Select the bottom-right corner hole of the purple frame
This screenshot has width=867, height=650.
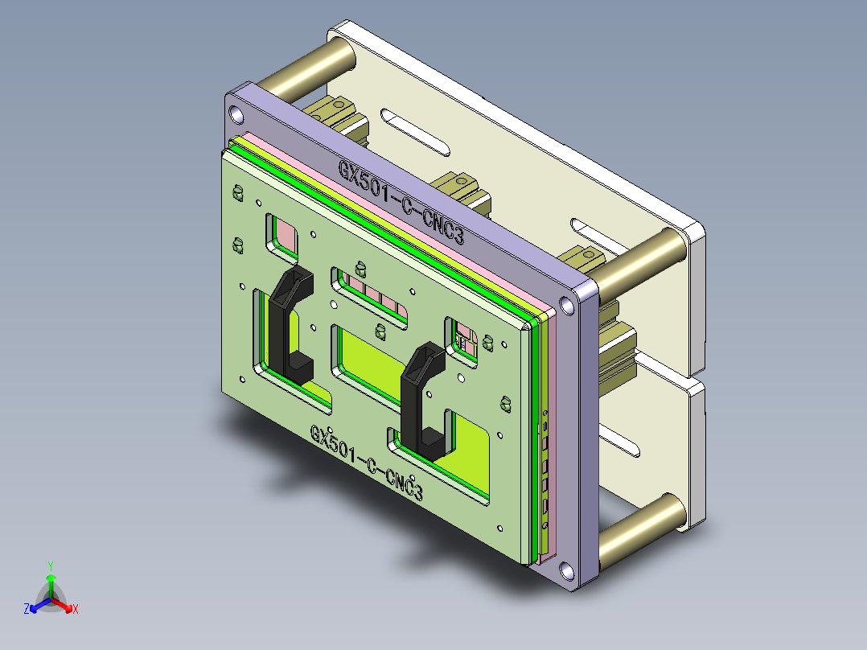(x=569, y=572)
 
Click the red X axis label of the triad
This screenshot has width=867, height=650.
(x=75, y=610)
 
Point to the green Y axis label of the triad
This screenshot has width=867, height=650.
(x=50, y=565)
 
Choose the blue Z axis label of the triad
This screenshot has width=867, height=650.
(x=27, y=609)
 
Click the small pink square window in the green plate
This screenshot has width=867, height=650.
(x=283, y=234)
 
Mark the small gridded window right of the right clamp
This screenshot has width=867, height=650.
(x=464, y=338)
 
